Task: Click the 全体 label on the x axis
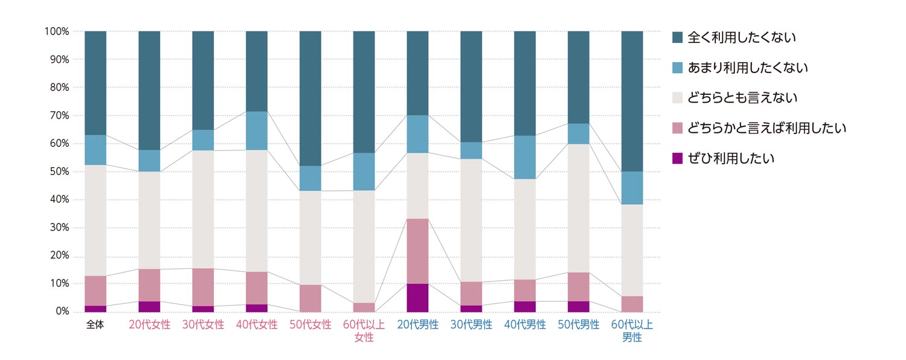95,324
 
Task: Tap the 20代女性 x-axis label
149,324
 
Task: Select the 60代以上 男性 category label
632,331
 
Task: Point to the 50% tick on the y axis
58,172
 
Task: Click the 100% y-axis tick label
56,31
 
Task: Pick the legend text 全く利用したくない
742,37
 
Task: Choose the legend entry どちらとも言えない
742,98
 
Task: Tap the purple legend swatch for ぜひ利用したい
678,158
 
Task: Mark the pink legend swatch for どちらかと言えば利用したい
678,128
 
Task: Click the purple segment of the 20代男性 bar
417,298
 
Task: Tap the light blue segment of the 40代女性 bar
257,130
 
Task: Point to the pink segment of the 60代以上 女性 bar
364,307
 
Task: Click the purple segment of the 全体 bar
95,309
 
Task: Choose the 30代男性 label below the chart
471,324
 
